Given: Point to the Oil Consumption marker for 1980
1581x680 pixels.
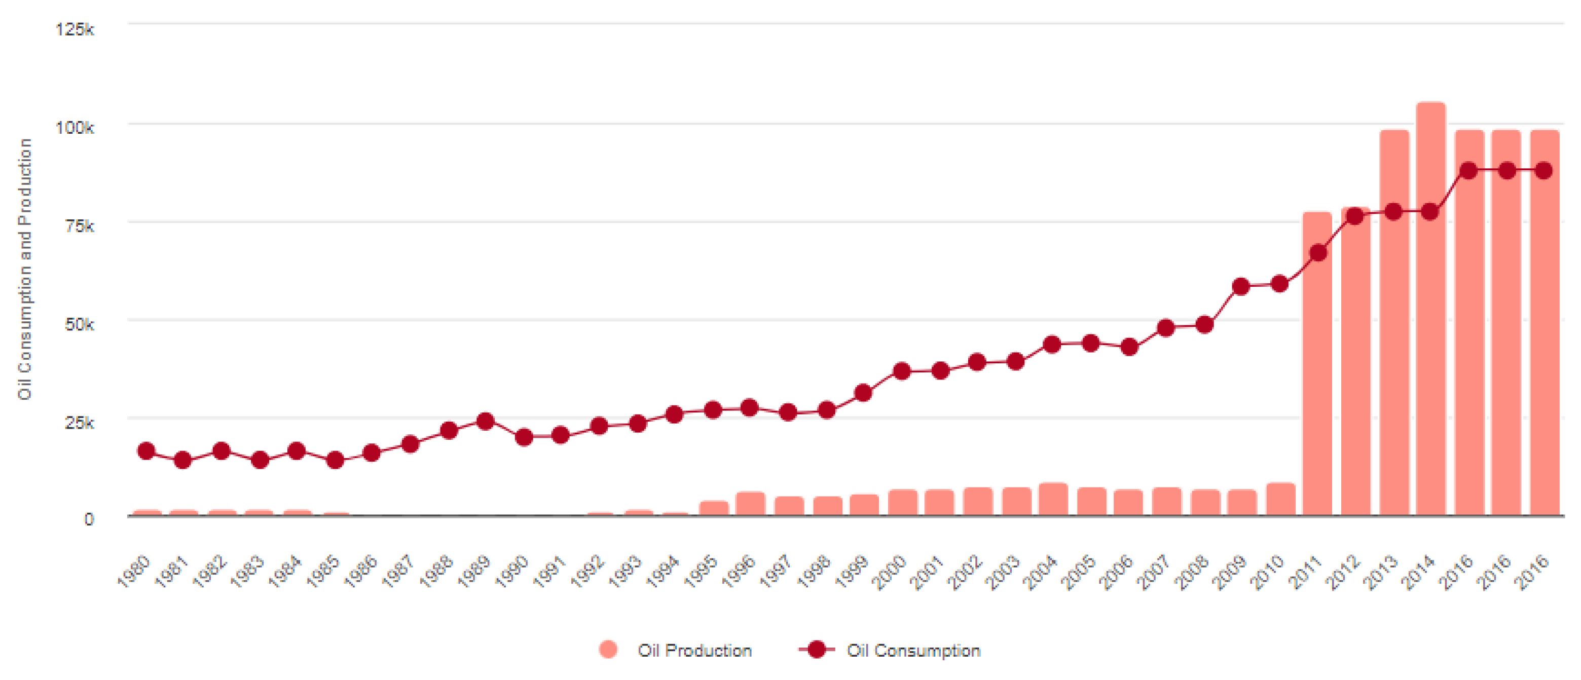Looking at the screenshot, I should click(146, 451).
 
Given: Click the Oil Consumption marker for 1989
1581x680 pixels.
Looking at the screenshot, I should click(486, 421).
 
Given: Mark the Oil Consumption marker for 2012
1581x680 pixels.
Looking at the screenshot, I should click(1354, 216).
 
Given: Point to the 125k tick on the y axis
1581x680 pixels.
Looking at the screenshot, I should click(75, 29).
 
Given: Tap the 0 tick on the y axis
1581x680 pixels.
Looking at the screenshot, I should click(89, 519).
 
